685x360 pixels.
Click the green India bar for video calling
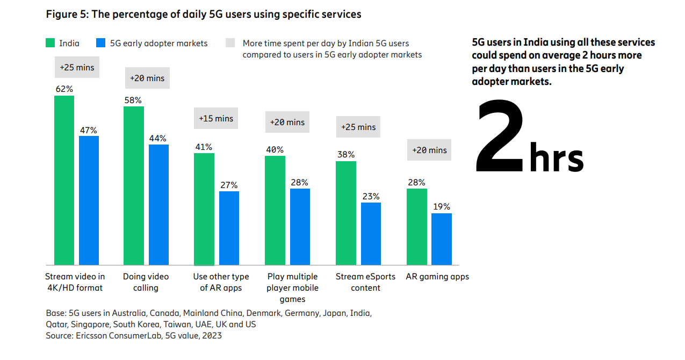pos(134,185)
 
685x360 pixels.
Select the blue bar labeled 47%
pos(89,200)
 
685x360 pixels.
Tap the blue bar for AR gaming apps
pos(442,239)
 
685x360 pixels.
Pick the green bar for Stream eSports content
pos(346,213)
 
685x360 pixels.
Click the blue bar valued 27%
pos(229,228)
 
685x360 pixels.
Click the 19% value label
pos(442,207)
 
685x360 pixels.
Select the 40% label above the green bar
pos(275,150)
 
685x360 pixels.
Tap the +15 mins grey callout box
pos(216,118)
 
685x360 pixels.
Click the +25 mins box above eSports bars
pos(358,127)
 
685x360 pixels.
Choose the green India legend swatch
pos(51,44)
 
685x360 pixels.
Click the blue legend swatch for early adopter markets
pos(100,44)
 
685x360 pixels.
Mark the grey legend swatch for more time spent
pos(230,44)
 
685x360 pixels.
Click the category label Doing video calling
pos(146,282)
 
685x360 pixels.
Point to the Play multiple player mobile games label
pos(292,287)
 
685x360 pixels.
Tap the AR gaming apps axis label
pos(437,277)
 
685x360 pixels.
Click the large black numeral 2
pos(500,136)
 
